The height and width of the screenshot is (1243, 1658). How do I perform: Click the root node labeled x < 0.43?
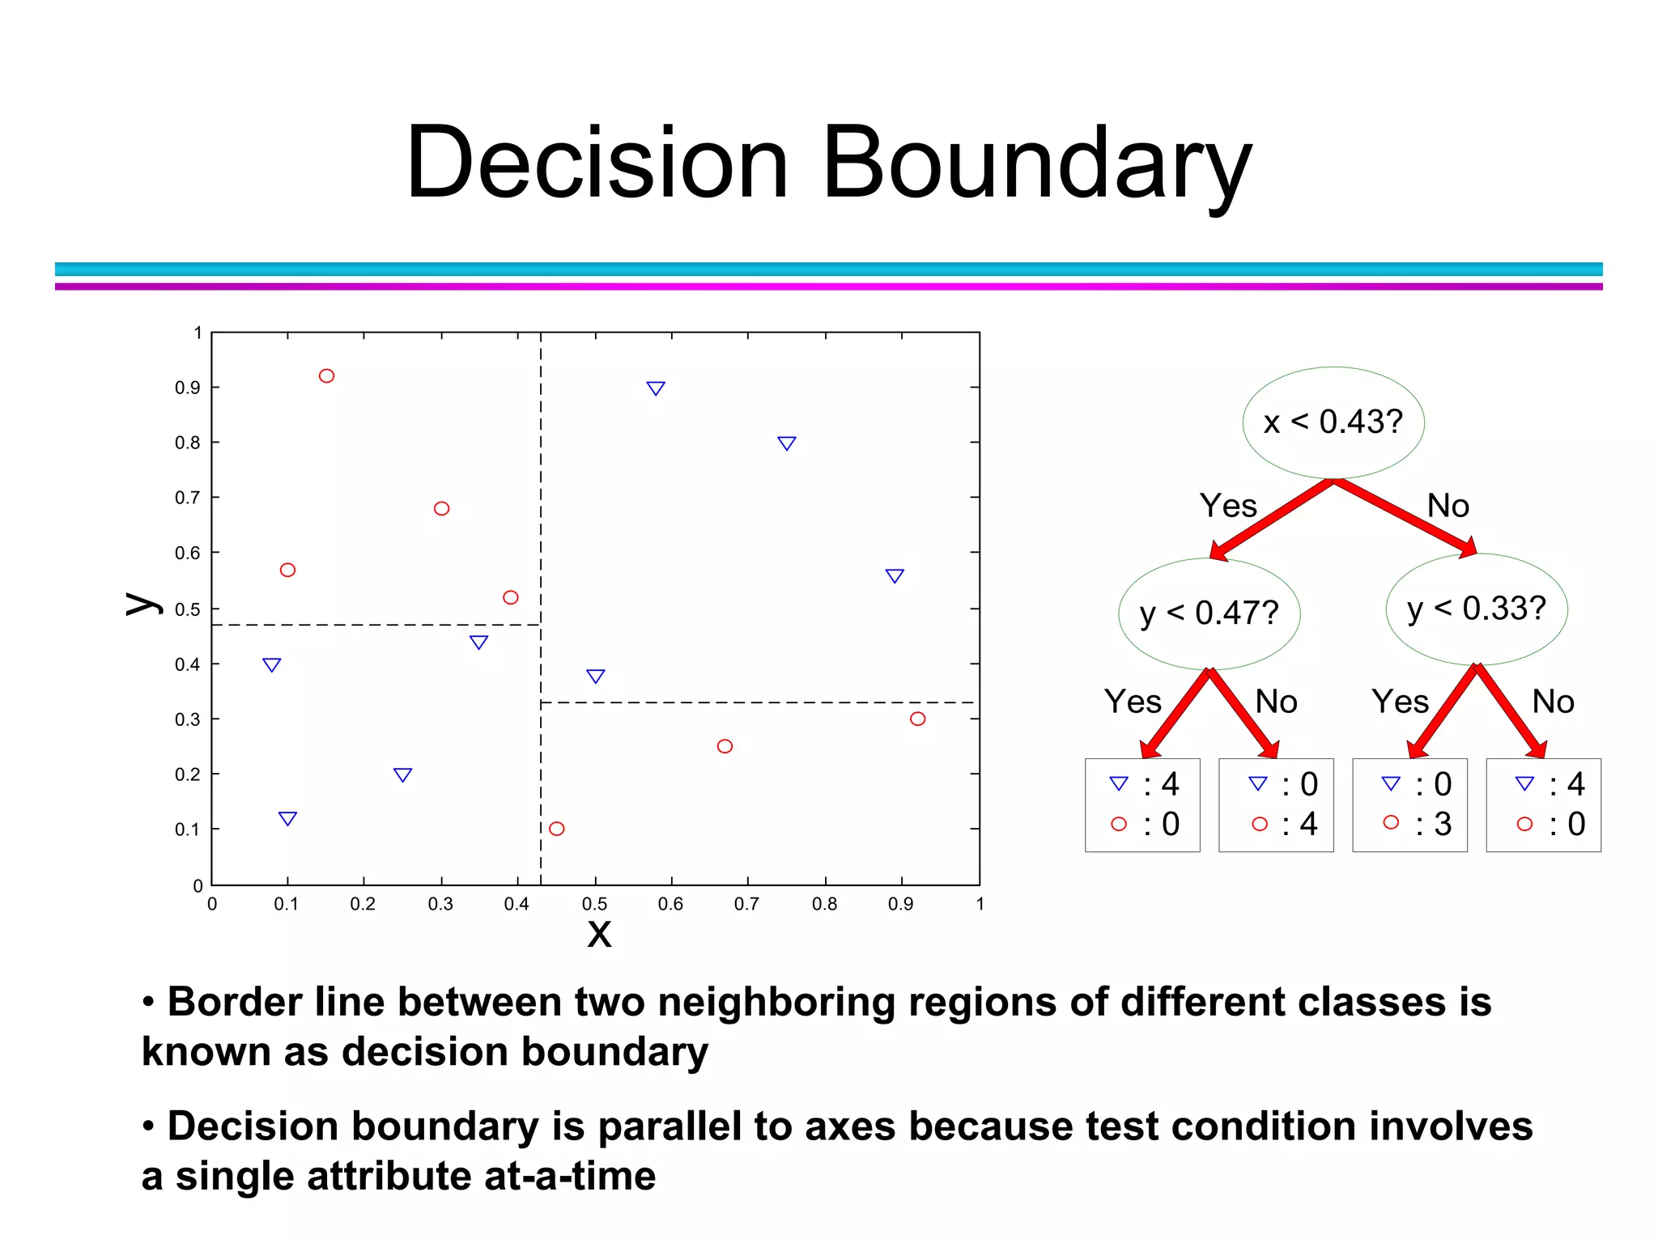[1333, 422]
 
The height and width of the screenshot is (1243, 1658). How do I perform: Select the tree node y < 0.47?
[1209, 613]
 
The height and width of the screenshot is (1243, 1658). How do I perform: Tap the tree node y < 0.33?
[1476, 609]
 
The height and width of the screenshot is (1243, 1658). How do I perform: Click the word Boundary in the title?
[1036, 163]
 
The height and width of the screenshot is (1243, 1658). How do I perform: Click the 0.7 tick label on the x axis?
[746, 904]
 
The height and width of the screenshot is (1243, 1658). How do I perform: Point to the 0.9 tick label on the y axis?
[187, 388]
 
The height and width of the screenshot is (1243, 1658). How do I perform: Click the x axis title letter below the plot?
[599, 933]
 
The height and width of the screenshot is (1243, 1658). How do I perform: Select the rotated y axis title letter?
[142, 603]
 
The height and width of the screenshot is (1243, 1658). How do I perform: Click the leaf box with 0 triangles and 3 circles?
[1409, 804]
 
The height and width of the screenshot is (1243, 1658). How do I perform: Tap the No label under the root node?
[1448, 506]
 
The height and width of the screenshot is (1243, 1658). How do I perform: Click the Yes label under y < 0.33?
[1400, 702]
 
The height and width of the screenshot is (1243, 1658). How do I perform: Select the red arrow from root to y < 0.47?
[1272, 519]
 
